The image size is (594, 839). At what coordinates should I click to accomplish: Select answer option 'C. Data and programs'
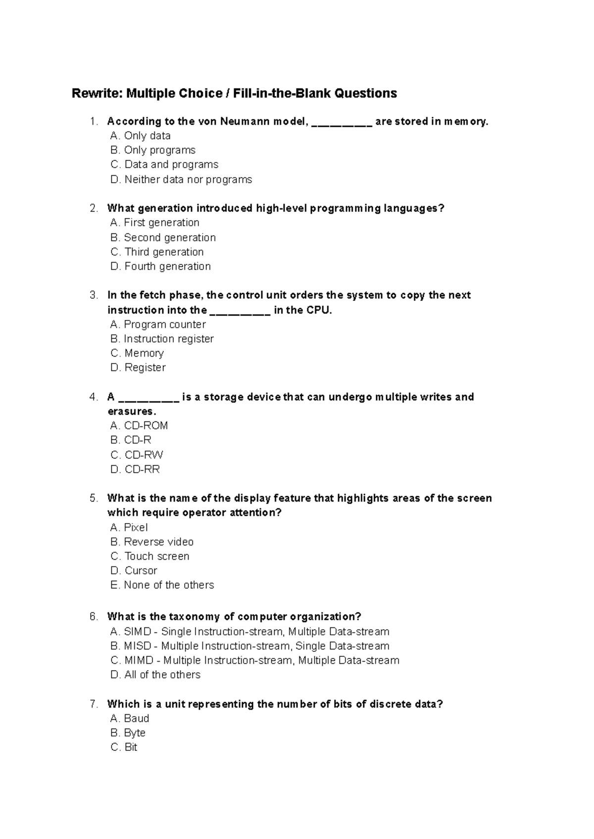(x=164, y=164)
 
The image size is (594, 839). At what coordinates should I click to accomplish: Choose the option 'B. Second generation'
(x=163, y=237)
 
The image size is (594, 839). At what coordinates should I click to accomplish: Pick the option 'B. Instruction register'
(x=162, y=339)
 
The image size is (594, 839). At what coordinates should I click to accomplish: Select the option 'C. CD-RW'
(x=137, y=455)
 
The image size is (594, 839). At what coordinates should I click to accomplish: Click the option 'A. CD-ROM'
(x=139, y=425)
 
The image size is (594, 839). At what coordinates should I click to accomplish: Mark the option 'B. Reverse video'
(x=152, y=542)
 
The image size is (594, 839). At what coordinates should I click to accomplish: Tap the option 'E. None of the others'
(x=162, y=585)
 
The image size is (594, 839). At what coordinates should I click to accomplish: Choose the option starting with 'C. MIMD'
(x=254, y=660)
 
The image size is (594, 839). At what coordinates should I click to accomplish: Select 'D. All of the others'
(x=155, y=675)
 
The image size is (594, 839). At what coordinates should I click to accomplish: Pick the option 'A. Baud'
(x=130, y=718)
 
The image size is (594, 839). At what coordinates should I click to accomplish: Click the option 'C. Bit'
(x=124, y=747)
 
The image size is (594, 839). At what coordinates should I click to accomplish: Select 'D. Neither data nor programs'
(x=181, y=179)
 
